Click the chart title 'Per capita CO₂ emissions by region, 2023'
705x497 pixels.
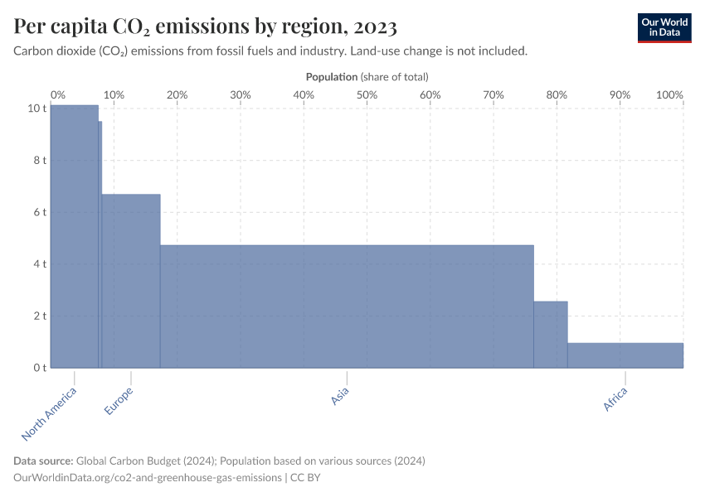(x=205, y=27)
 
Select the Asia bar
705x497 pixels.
(x=347, y=306)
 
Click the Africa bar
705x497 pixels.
(x=625, y=355)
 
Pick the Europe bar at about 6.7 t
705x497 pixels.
(x=131, y=281)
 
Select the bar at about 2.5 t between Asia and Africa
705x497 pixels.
(x=550, y=335)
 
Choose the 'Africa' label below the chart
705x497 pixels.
(x=615, y=398)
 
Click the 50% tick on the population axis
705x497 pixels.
(x=367, y=95)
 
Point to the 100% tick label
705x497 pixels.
(x=669, y=95)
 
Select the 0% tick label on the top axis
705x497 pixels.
(x=58, y=95)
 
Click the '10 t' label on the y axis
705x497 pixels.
(x=36, y=109)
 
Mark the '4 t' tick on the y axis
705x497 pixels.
(x=38, y=264)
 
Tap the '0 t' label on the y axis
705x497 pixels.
(x=38, y=368)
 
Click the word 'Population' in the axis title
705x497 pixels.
(x=332, y=77)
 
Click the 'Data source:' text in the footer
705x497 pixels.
(x=43, y=461)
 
